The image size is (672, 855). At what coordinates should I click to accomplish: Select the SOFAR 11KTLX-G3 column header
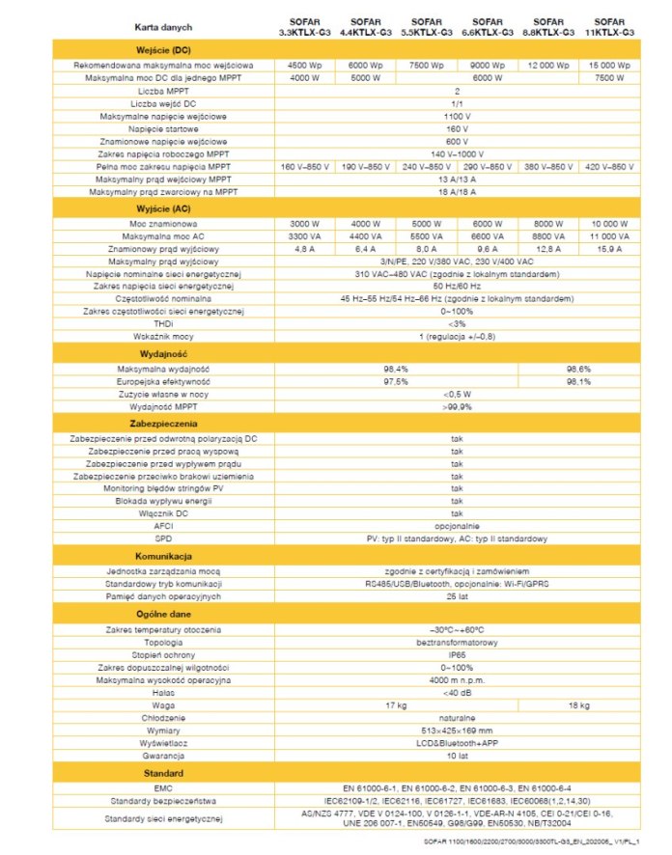coord(608,26)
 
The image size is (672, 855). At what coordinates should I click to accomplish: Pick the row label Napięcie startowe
coord(162,128)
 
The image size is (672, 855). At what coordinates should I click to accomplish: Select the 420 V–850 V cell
coord(608,167)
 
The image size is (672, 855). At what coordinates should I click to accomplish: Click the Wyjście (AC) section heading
coord(162,208)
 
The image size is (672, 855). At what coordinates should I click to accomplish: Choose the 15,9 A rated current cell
coord(608,248)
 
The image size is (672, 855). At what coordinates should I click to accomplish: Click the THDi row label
coord(162,324)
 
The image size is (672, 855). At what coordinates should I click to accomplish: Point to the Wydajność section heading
coord(162,354)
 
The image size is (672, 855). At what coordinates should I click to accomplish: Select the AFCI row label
coord(162,526)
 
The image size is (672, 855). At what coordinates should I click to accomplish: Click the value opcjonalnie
coord(457,526)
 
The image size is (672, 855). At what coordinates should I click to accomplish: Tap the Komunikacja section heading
coord(162,557)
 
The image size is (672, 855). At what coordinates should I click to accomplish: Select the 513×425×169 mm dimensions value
coord(457,731)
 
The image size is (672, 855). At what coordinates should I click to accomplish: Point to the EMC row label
coord(162,788)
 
